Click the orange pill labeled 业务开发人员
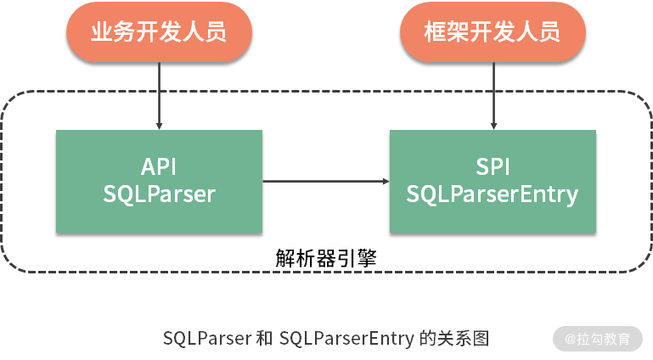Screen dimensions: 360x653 pyautogui.click(x=159, y=32)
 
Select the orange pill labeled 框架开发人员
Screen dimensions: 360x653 pyautogui.click(x=492, y=32)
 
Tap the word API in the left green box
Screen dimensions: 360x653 pyautogui.click(x=159, y=166)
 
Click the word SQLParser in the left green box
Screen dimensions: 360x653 pyautogui.click(x=159, y=194)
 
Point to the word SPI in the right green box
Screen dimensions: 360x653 pyautogui.click(x=493, y=166)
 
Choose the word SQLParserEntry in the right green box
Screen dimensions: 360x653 pyautogui.click(x=493, y=194)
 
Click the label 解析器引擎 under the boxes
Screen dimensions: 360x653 pyautogui.click(x=326, y=257)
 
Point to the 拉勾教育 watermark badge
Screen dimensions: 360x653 pyautogui.click(x=598, y=338)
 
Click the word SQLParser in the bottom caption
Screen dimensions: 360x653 pyautogui.click(x=206, y=338)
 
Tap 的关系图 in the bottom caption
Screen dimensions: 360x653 pyautogui.click(x=455, y=338)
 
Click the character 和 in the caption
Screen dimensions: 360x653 pyautogui.click(x=264, y=338)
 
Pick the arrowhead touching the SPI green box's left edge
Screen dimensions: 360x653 pyautogui.click(x=385, y=181)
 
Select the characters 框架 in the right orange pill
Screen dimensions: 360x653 pyautogui.click(x=442, y=32)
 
